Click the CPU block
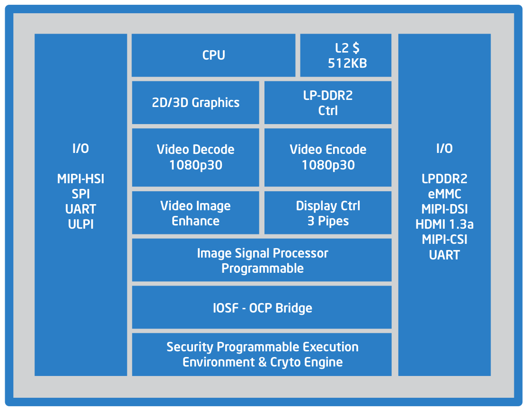[x=213, y=55]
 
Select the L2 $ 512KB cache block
[x=346, y=55]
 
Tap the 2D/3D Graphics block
[x=195, y=102]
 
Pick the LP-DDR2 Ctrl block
[x=328, y=102]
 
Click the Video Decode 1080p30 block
[x=195, y=157]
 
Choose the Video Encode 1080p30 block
[x=328, y=157]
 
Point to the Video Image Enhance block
[x=195, y=213]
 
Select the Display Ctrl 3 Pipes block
[x=328, y=213]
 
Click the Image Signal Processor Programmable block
[x=262, y=260]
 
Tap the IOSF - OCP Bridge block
[x=262, y=308]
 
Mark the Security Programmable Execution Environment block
[x=262, y=354]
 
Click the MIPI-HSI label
[x=81, y=179]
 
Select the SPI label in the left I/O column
[x=81, y=194]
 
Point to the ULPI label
[x=81, y=224]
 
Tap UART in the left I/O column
[x=81, y=209]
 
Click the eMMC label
[x=444, y=194]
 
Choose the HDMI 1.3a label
[x=444, y=224]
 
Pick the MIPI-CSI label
[x=444, y=240]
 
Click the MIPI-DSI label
[x=444, y=209]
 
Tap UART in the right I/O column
[x=444, y=255]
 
